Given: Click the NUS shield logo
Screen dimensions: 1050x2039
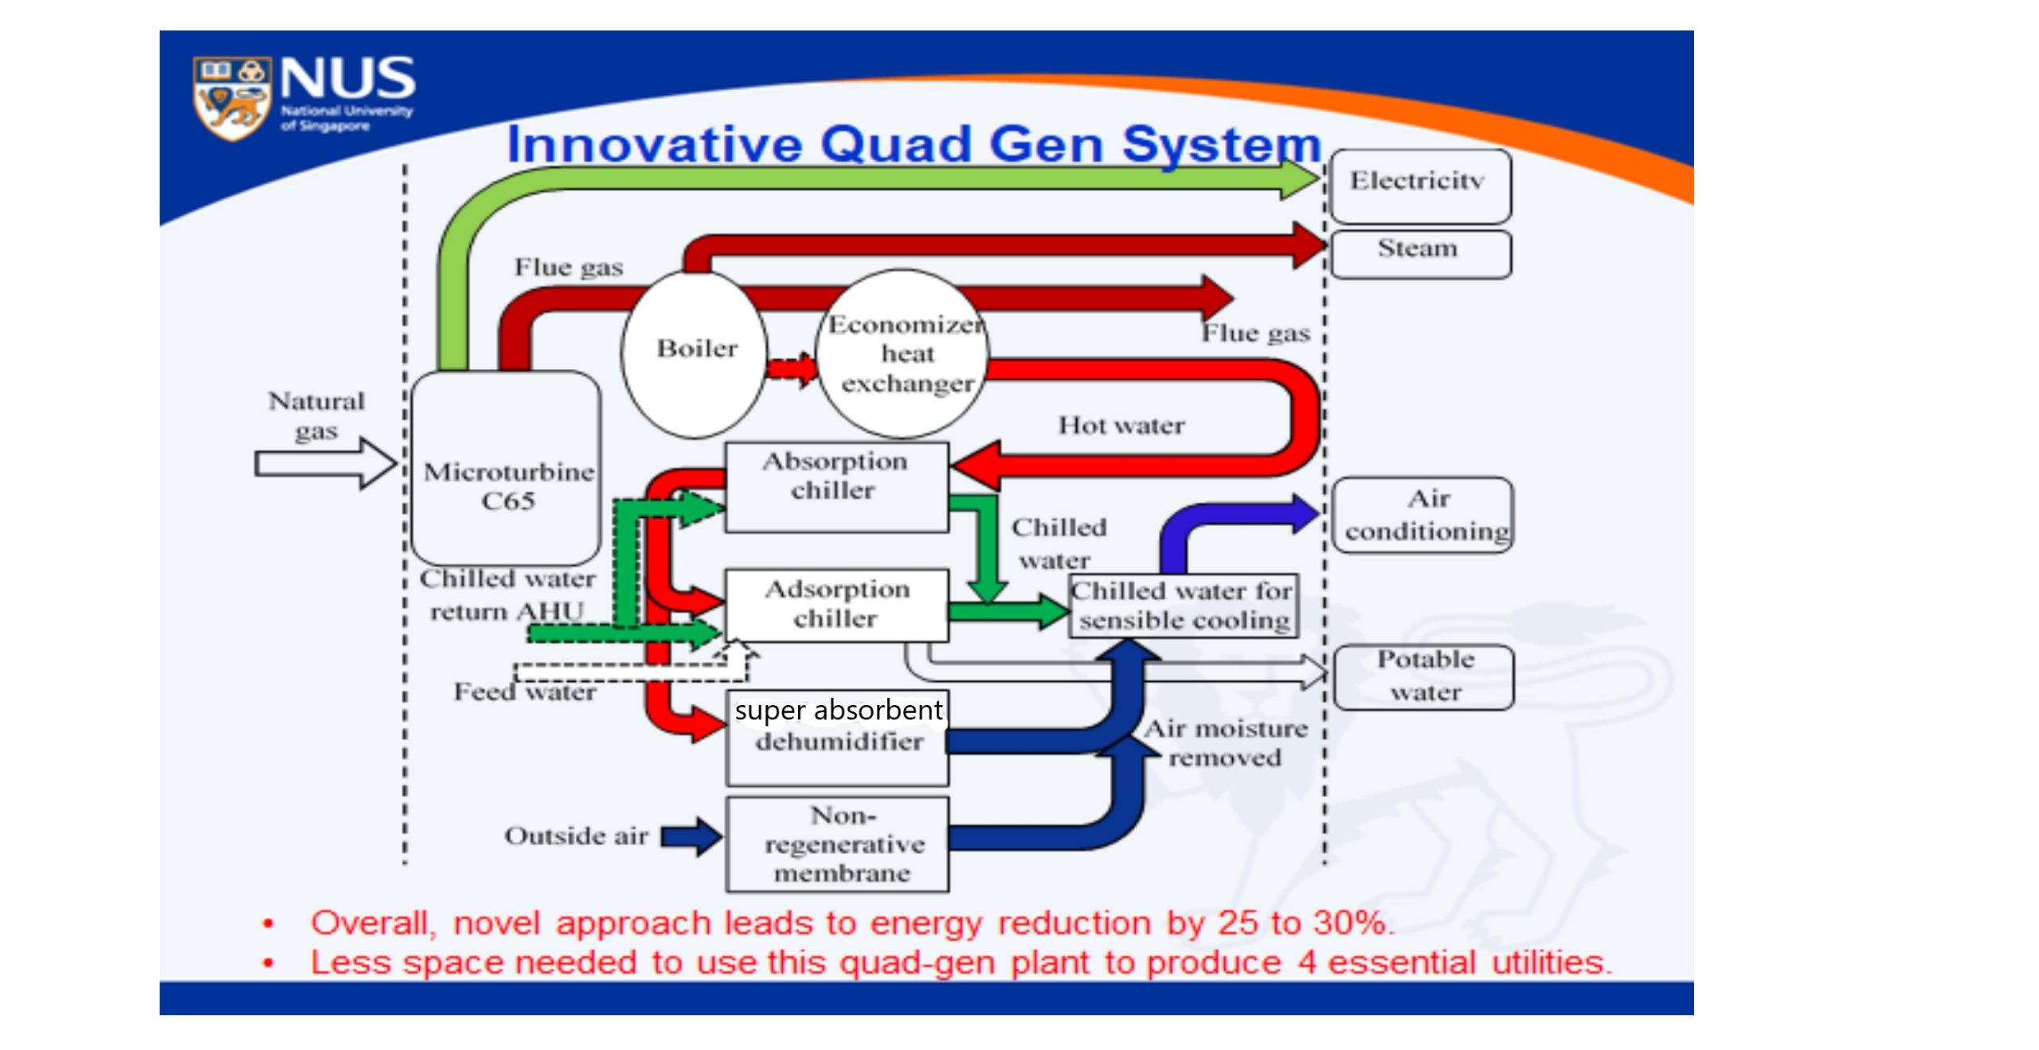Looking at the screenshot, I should pos(232,98).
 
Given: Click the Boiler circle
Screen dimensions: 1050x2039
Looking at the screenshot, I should pos(695,353).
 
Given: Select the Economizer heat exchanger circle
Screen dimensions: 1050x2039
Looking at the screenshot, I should pos(903,354).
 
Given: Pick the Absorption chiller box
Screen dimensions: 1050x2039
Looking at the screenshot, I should pos(836,487).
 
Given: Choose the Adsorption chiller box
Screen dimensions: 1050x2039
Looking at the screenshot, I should pos(836,605).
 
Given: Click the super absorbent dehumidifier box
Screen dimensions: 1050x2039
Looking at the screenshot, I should pos(838,738).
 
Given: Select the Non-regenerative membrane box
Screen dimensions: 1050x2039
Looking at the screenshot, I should pos(838,844).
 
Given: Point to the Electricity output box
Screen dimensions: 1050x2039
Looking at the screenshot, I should pos(1420,186).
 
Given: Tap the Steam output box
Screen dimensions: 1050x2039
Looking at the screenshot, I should pos(1420,253).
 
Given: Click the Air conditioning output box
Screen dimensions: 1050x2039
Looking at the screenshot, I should pos(1423,515).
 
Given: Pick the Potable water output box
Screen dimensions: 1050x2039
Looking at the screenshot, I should pos(1424,676).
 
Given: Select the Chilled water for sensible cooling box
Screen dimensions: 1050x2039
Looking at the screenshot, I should pos(1184,605).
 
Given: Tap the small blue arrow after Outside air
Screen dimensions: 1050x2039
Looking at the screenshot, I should pos(691,836).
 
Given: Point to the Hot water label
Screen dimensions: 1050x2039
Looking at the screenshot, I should pos(1121,425).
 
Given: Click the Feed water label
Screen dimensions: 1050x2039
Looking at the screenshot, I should pos(525,692).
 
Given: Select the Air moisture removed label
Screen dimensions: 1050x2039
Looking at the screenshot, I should pos(1226,742).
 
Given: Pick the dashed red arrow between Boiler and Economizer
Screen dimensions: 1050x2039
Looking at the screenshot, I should pos(791,369).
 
